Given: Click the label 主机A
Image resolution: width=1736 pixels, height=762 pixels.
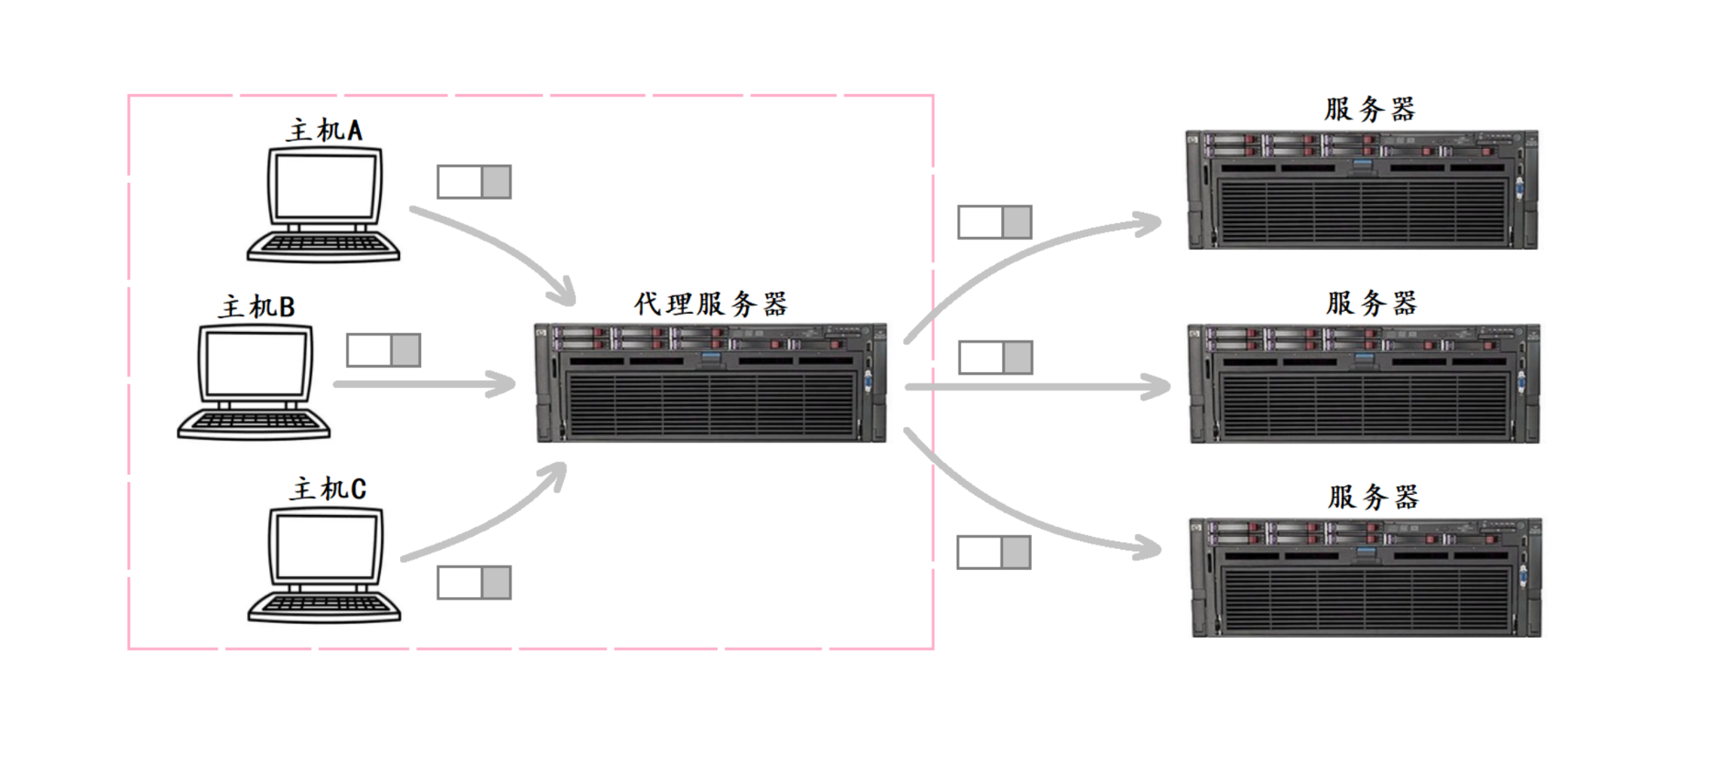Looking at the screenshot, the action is tap(325, 130).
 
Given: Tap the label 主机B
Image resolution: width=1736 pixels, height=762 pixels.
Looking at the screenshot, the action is tap(257, 306).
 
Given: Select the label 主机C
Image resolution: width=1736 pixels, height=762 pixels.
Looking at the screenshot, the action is tap(328, 489).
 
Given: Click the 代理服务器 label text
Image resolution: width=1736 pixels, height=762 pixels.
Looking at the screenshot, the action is tap(710, 303).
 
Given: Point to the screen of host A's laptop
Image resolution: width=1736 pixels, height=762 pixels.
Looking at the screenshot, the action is tap(325, 186).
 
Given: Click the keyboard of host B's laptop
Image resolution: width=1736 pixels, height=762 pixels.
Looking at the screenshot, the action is tap(254, 424).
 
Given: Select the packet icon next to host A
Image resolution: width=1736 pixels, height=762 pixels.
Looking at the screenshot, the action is tap(474, 181).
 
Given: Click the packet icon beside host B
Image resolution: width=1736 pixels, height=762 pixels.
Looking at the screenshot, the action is tap(383, 350).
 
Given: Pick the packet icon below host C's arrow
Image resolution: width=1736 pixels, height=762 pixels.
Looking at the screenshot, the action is tap(474, 583).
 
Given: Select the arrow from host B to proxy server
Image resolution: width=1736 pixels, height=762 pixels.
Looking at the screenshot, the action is tap(425, 384).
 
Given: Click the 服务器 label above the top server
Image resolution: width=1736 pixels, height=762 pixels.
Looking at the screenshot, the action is tap(1370, 109).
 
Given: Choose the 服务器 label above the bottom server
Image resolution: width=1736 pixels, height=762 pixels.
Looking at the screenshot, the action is tap(1373, 497).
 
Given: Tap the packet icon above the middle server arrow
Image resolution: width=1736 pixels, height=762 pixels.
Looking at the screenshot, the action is tap(996, 357).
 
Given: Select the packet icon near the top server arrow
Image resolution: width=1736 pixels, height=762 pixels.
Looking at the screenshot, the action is tap(995, 222).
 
